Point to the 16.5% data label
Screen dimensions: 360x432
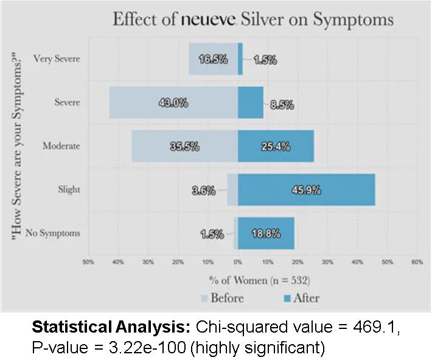(213, 59)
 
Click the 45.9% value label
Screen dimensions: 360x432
(305, 190)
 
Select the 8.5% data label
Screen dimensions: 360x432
(282, 104)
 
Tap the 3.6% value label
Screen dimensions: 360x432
(203, 190)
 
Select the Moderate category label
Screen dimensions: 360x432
(61, 146)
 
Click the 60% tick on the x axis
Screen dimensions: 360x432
(417, 263)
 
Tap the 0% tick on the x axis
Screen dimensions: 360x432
(237, 263)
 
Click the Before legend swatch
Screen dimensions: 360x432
(204, 298)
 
